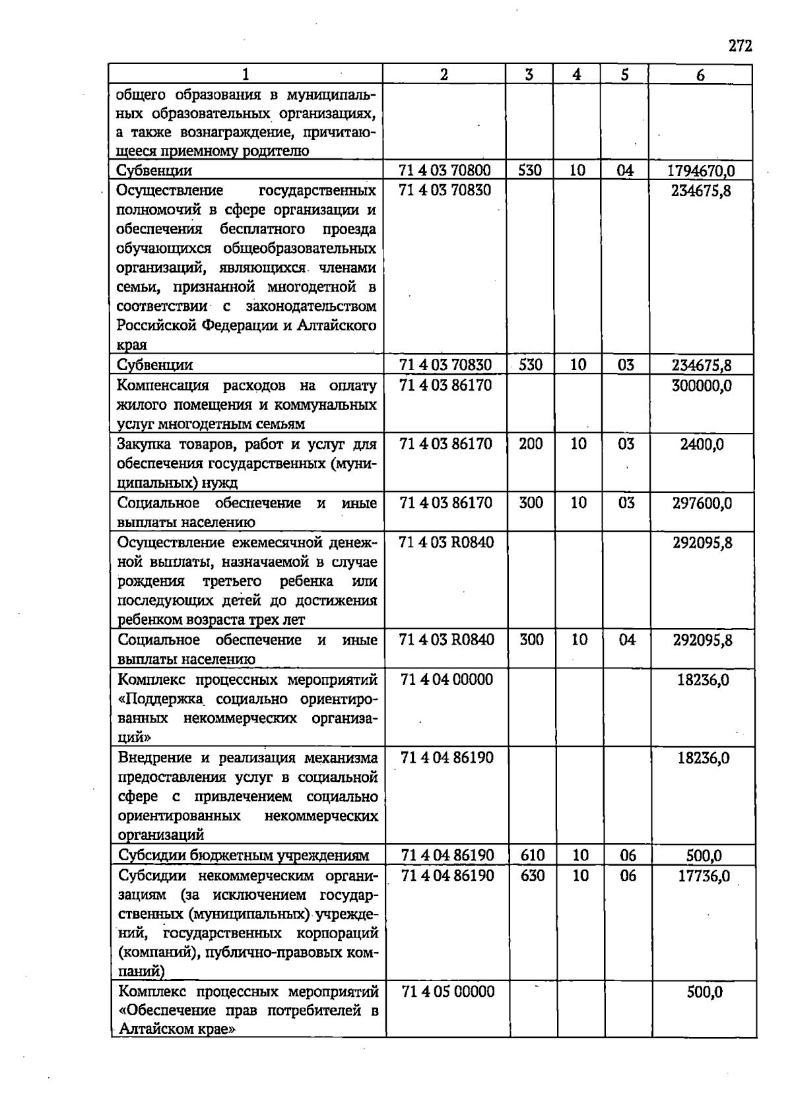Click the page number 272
(741, 46)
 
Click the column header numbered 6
(700, 75)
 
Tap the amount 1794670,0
(701, 171)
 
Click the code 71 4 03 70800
(445, 170)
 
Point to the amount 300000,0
(702, 385)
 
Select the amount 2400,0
(702, 444)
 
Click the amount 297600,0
(702, 503)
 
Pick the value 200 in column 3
(531, 443)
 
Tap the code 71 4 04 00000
(447, 680)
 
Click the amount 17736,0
(704, 876)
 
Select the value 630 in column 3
(533, 875)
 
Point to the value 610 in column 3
(533, 856)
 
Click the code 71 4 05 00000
(448, 992)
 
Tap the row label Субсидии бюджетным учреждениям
(244, 856)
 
